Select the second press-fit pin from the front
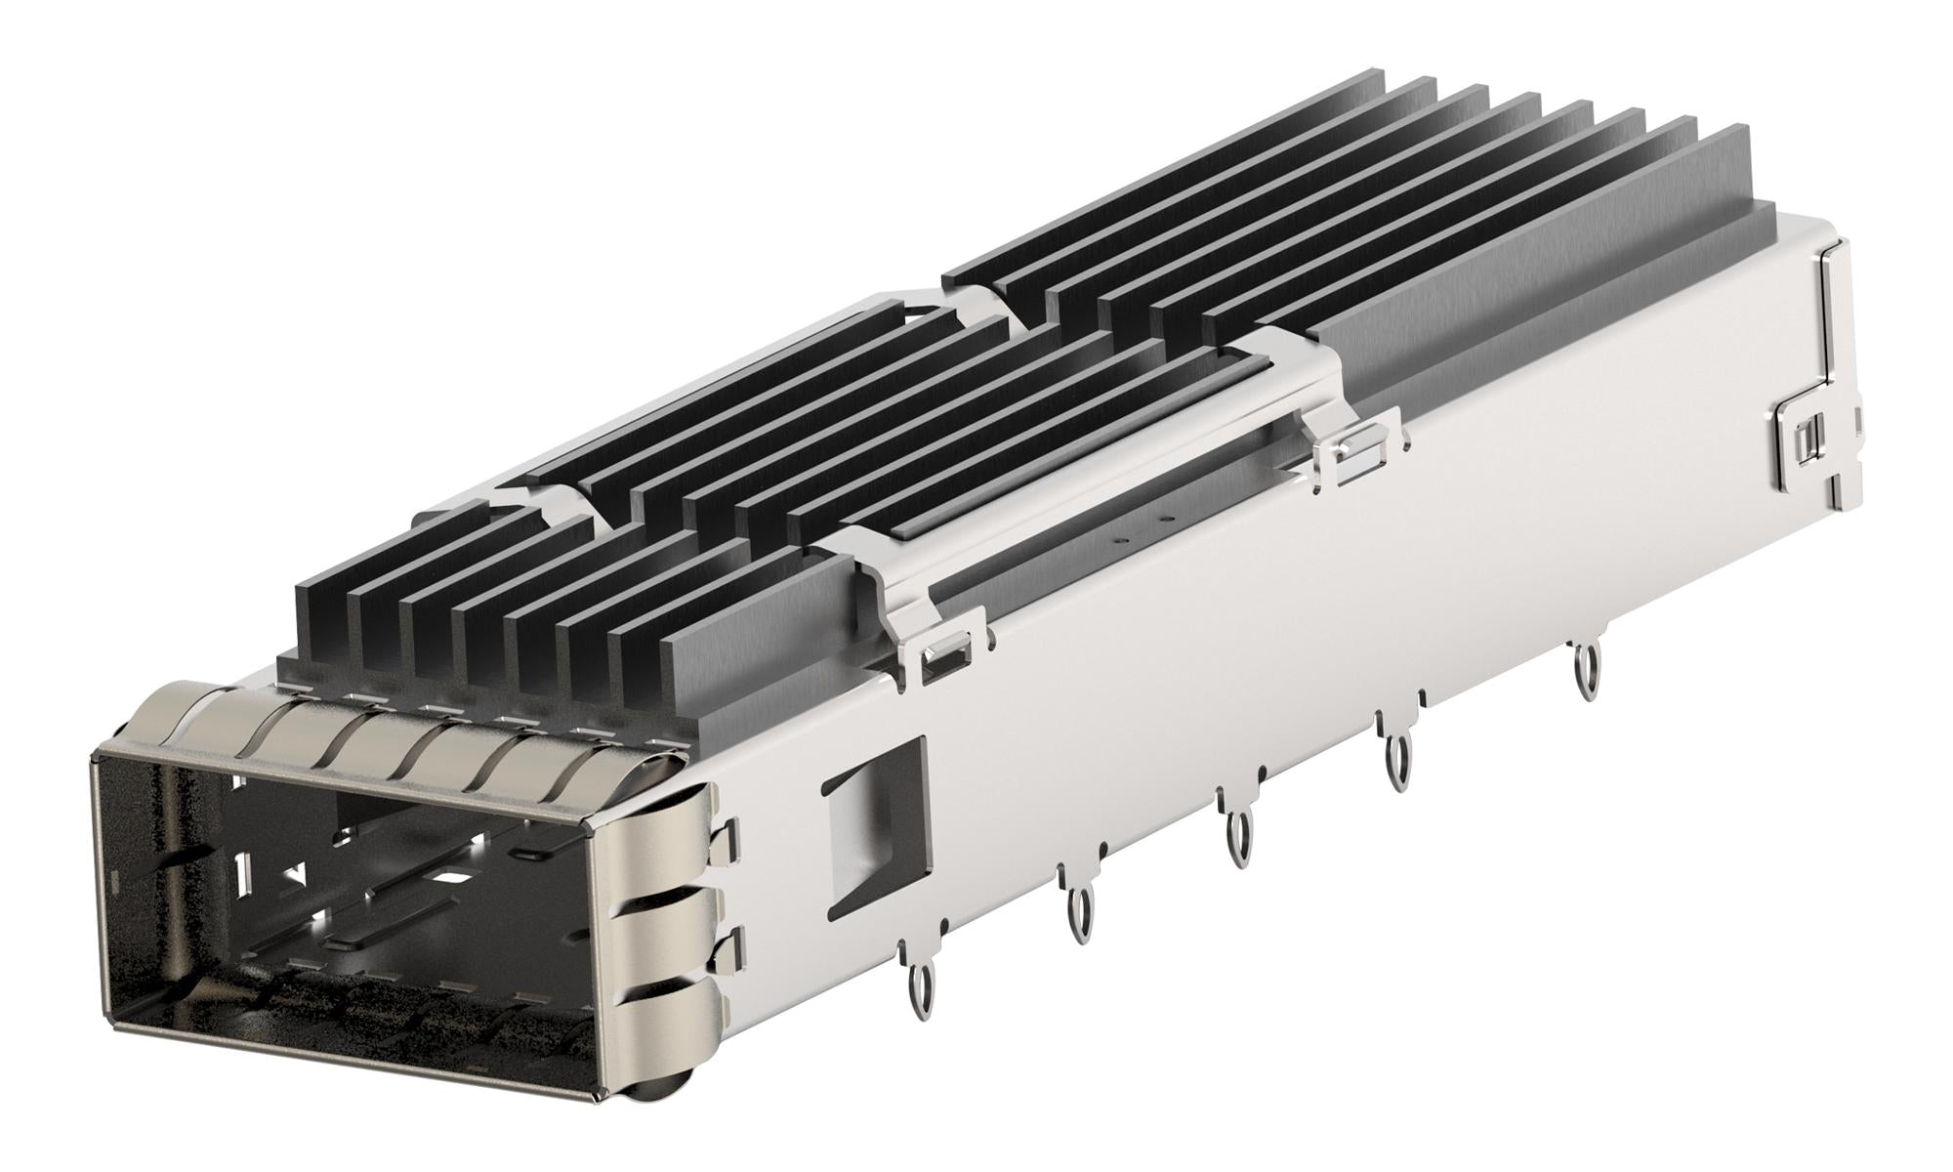pyautogui.click(x=1080, y=915)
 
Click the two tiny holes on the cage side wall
pyautogui.click(x=1143, y=527)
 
